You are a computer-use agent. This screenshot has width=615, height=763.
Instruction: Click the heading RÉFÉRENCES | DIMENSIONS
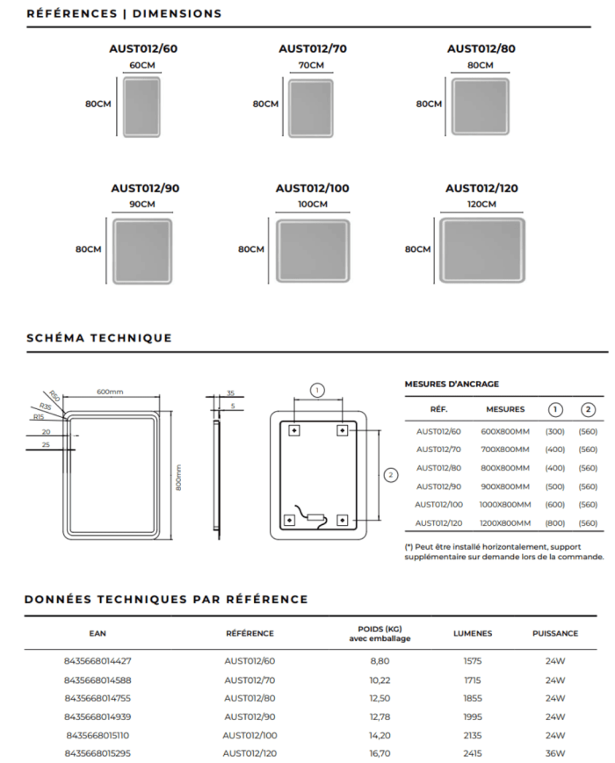124,14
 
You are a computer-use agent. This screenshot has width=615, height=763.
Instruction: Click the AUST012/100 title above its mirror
312,188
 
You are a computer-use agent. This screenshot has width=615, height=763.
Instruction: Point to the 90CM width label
141,205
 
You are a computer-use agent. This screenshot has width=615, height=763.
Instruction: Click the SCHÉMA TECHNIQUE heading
99,338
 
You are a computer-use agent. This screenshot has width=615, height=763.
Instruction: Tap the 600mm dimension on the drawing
110,392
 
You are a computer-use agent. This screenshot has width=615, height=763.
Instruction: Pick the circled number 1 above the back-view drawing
318,389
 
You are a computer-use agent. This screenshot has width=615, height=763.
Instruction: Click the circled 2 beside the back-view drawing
390,474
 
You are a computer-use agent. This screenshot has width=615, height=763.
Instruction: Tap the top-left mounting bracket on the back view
293,430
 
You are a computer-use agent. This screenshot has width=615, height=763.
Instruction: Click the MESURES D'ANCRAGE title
452,384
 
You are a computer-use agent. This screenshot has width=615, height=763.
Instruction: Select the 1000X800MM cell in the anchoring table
505,505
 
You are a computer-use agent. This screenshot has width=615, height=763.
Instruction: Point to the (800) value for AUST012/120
554,523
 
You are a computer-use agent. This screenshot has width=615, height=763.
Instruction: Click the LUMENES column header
472,633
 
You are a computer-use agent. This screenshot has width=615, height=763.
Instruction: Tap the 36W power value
554,753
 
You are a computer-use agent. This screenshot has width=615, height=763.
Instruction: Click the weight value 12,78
380,716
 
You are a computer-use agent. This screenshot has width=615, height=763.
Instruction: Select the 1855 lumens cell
472,698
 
